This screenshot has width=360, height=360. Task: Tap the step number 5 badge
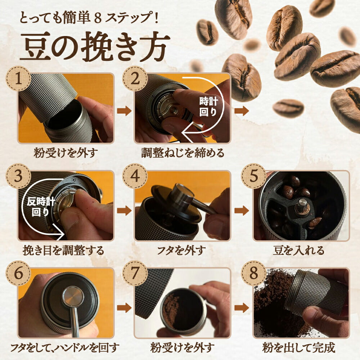coord(254,176)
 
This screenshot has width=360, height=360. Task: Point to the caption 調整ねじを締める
coord(183,153)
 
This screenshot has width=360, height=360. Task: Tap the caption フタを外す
coord(182,250)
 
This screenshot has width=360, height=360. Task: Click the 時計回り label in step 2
coord(208,107)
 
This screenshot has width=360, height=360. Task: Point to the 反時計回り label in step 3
coord(40,206)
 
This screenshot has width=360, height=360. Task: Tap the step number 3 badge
coord(18,176)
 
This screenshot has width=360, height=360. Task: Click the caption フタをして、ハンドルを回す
coord(65,348)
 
